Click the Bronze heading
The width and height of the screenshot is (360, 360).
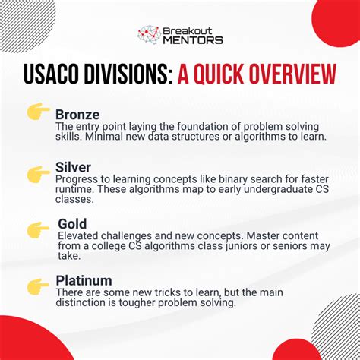click(x=77, y=114)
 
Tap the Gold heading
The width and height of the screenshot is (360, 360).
click(x=72, y=225)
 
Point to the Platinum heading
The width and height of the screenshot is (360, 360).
click(x=84, y=280)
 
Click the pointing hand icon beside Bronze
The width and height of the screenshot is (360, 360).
click(x=38, y=113)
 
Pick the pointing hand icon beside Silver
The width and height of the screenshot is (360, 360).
click(x=38, y=174)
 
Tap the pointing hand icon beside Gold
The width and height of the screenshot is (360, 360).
click(x=38, y=229)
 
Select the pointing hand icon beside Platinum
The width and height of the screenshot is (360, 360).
click(x=38, y=286)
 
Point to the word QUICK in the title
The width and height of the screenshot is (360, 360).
click(x=219, y=76)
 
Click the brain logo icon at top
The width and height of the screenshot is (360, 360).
click(x=148, y=34)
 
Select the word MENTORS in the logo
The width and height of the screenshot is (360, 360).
click(x=193, y=39)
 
